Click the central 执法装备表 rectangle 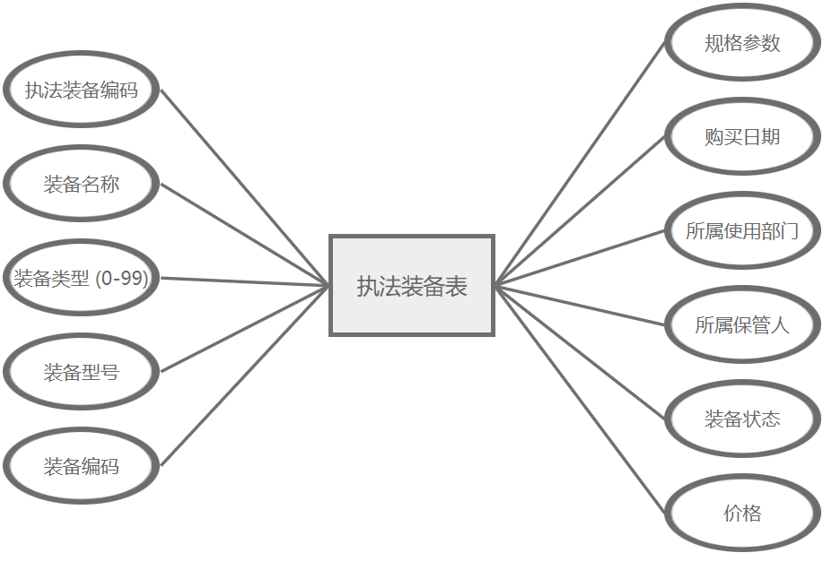pos(412,286)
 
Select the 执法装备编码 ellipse pos(81,90)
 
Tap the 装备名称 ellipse pos(81,185)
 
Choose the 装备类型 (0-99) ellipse pos(81,278)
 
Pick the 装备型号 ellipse pos(81,372)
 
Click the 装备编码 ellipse pos(81,466)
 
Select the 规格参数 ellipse pos(742,43)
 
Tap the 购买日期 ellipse pos(742,137)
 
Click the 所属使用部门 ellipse pos(742,231)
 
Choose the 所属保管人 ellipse pos(742,324)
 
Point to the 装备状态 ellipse pos(742,419)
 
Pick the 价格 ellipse pos(742,513)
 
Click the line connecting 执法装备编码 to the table pos(244,187)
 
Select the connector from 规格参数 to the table pos(581,162)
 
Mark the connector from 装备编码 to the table pos(244,376)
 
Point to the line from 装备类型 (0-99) pos(244,281)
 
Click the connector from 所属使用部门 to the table pos(581,258)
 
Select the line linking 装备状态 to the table pos(581,351)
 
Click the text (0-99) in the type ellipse pos(122,279)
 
